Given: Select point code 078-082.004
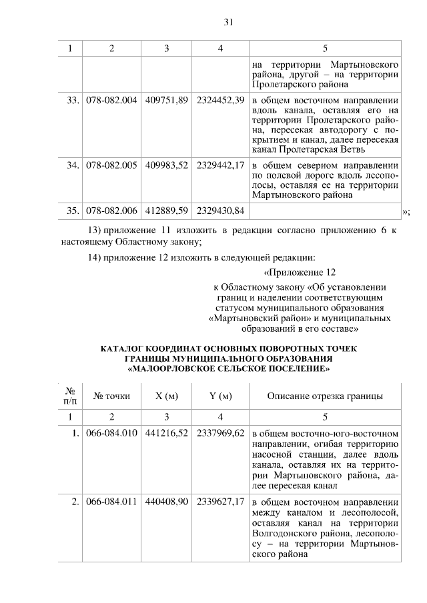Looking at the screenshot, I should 111,100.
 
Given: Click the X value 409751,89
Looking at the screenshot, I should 167,100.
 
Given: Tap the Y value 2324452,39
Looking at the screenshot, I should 220,100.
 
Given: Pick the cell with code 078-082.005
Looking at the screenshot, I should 111,165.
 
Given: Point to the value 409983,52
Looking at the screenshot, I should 167,165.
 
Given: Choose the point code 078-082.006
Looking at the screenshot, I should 111,211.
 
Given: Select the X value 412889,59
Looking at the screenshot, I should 167,211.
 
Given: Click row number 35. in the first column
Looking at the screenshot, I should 73,211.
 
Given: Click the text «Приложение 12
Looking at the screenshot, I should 298,273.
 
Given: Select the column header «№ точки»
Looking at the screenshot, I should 111,396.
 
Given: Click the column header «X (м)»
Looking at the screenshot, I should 167,396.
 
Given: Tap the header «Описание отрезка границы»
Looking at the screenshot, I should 325,396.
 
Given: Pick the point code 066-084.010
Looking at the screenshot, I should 111,433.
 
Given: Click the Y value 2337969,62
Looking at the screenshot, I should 220,433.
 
